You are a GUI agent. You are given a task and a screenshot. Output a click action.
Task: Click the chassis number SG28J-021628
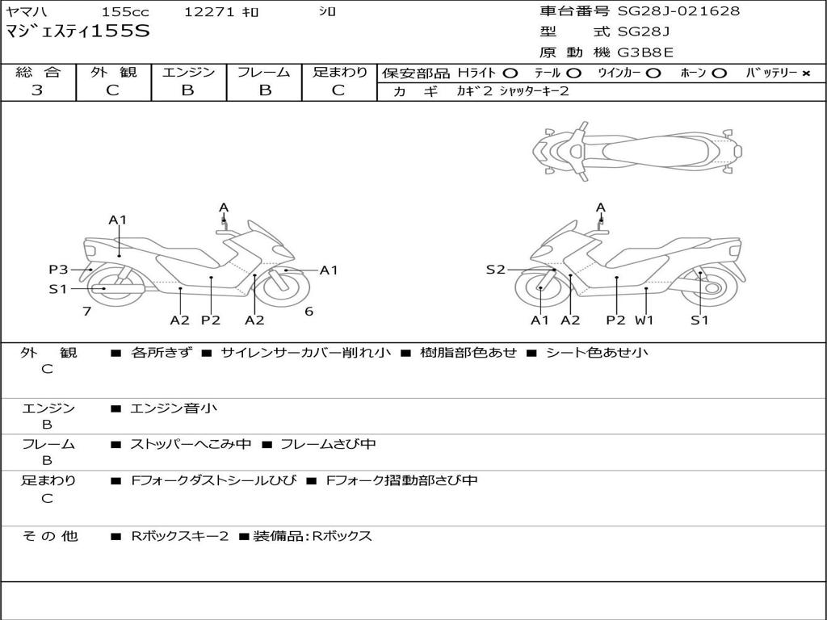[x=678, y=11]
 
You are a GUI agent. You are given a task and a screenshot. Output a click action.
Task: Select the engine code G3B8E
[x=645, y=53]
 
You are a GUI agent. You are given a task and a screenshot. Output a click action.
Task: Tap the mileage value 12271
[x=209, y=12]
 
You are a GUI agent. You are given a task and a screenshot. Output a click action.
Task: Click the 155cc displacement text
[x=125, y=12]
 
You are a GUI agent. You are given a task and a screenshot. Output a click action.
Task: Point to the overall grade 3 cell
[x=37, y=90]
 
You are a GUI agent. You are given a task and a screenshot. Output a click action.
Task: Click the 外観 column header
[x=113, y=73]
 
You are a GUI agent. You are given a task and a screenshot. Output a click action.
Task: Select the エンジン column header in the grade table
[x=188, y=73]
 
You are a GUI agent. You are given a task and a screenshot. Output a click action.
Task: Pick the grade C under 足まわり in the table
[x=338, y=90]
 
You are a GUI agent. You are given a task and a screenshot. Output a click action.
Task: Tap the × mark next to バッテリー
[x=805, y=73]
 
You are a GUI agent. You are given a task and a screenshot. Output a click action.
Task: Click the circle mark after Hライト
[x=510, y=73]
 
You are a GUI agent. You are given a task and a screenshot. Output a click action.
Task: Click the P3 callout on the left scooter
[x=58, y=270]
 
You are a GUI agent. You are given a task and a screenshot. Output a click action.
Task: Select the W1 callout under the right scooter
[x=644, y=320]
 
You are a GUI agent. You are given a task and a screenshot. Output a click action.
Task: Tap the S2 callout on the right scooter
[x=495, y=270]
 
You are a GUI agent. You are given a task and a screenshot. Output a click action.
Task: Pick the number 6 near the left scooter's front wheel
[x=309, y=312]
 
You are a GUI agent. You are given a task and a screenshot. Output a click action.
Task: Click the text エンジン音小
[x=174, y=408]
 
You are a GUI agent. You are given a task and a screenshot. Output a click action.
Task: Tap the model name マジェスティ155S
[x=78, y=32]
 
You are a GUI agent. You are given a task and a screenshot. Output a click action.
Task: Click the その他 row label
[x=49, y=536]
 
